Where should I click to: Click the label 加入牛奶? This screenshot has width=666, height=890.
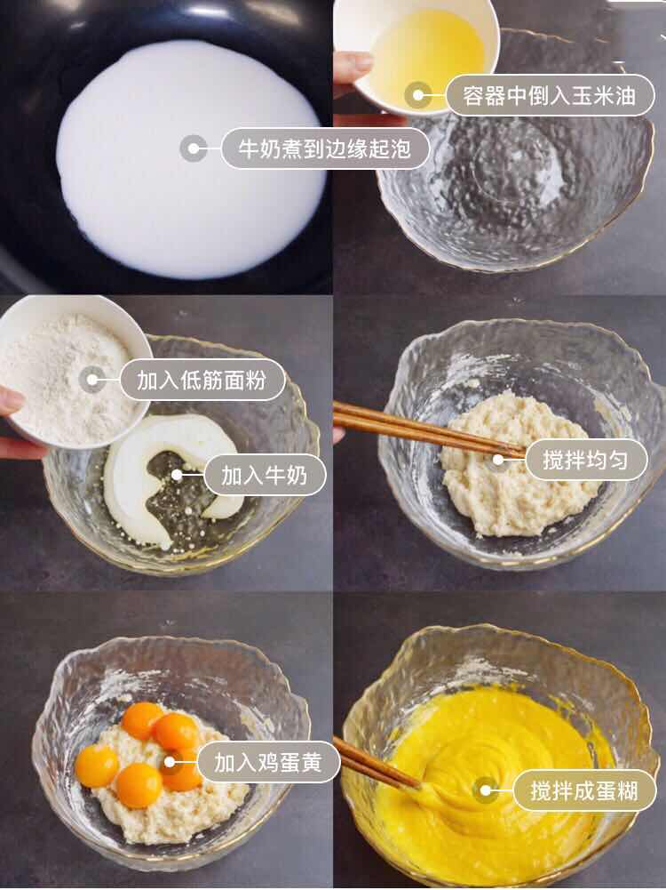264,475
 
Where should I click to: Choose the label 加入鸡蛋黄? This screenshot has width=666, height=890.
267,762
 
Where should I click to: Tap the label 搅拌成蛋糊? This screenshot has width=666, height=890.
583,790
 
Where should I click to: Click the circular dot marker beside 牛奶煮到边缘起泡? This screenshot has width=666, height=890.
193,148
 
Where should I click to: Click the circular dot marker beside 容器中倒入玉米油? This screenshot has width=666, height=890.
417,95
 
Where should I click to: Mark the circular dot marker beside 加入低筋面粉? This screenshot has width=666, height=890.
91,380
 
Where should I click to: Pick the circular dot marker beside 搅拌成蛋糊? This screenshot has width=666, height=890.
485,790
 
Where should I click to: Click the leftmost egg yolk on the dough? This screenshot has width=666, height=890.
96,766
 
